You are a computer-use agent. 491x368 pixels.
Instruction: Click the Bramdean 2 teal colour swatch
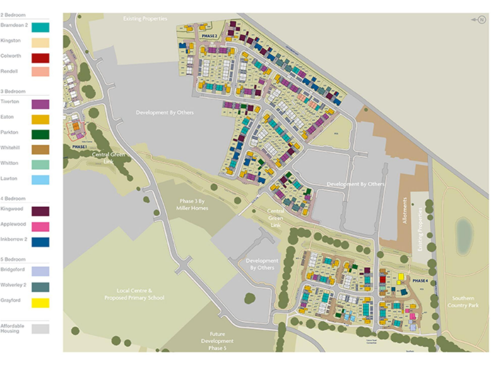40,27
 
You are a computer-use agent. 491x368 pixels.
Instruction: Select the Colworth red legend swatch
40,57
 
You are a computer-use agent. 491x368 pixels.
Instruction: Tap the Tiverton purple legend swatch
40,103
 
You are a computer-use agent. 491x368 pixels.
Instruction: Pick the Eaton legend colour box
40,119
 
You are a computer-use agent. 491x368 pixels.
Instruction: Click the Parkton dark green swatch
40,134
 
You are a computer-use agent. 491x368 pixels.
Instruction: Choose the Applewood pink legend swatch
40,226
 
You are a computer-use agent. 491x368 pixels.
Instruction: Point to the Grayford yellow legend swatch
40,303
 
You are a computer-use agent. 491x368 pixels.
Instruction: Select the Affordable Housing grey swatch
40,328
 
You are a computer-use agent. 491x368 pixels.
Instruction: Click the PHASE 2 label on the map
210,36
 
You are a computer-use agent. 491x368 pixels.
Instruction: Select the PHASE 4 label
420,280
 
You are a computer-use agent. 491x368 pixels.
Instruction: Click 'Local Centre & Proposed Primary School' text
134,295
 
